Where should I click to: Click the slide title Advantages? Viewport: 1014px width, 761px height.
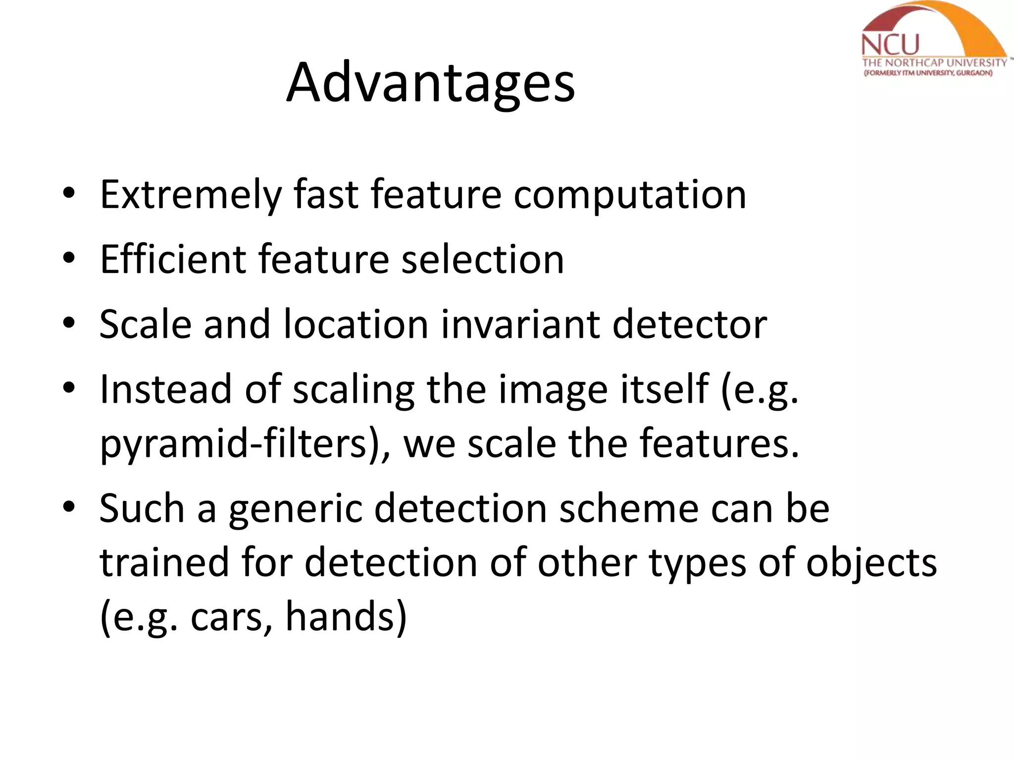[430, 83]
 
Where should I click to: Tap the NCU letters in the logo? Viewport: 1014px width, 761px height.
[890, 45]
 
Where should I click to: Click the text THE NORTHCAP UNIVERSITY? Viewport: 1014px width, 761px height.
[934, 63]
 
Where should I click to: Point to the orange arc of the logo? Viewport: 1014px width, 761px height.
[970, 25]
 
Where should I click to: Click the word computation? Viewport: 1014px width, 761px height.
[629, 195]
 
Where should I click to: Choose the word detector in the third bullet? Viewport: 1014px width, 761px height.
[690, 324]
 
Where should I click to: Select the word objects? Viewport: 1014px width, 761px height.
[871, 563]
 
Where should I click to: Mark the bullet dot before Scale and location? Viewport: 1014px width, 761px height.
[69, 323]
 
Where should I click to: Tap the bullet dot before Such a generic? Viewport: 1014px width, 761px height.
[69, 506]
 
